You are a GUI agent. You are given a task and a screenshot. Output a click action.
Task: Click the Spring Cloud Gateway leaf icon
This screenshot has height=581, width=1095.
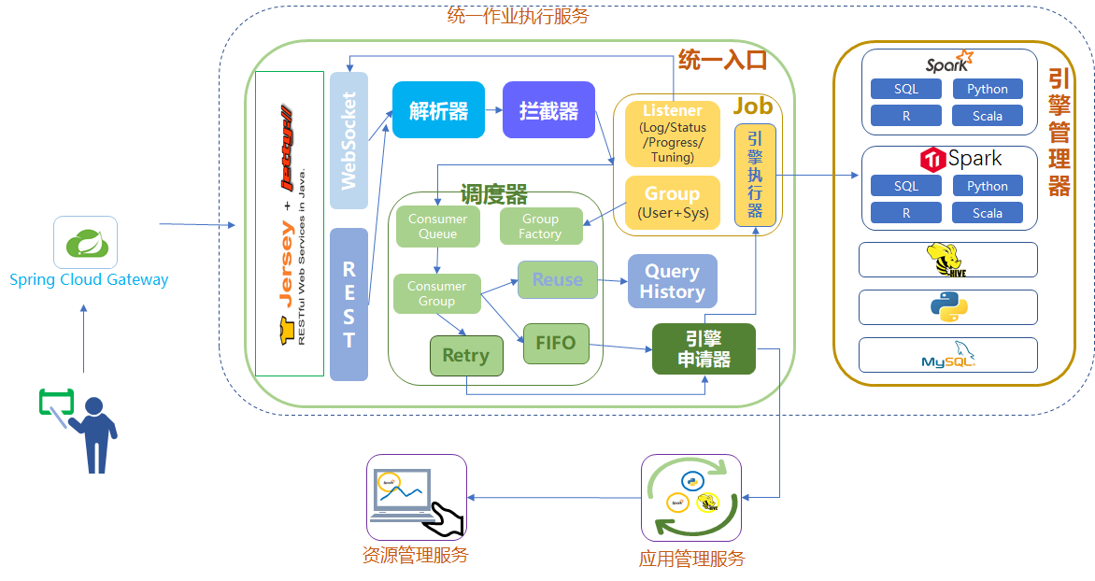pyautogui.click(x=85, y=244)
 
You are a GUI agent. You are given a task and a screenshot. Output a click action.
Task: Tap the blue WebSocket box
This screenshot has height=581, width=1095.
pyautogui.click(x=348, y=140)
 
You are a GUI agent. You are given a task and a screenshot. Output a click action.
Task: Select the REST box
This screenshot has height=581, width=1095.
pyautogui.click(x=348, y=305)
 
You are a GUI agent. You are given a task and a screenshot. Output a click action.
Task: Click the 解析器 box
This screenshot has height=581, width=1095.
pyautogui.click(x=438, y=111)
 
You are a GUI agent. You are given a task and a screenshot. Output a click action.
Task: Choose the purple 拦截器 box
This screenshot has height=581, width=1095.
pyautogui.click(x=548, y=111)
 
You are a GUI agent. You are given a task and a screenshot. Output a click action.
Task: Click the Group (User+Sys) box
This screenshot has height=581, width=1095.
pyautogui.click(x=672, y=202)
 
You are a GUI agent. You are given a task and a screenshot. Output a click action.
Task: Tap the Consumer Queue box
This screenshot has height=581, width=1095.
pyautogui.click(x=437, y=227)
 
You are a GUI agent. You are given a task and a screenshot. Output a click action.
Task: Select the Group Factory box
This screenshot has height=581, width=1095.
pyautogui.click(x=540, y=227)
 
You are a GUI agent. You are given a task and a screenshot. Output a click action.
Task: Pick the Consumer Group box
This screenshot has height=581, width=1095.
pyautogui.click(x=436, y=293)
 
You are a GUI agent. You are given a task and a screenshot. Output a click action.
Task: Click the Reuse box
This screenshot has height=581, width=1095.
pyautogui.click(x=557, y=279)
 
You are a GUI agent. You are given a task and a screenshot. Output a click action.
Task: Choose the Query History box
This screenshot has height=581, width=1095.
pyautogui.click(x=672, y=281)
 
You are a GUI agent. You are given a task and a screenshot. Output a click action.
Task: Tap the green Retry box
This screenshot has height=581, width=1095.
pyautogui.click(x=465, y=356)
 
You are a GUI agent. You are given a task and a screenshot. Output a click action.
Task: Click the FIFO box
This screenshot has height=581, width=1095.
pyautogui.click(x=556, y=343)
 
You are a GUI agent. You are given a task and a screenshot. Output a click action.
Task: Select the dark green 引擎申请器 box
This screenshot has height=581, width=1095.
pyautogui.click(x=704, y=348)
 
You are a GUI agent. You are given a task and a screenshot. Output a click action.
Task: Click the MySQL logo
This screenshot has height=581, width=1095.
pyautogui.click(x=947, y=355)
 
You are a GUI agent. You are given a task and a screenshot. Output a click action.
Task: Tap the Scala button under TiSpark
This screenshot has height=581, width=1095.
pyautogui.click(x=987, y=213)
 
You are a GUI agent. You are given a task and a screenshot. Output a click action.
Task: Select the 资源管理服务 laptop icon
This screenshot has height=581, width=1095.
pyautogui.click(x=416, y=498)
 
